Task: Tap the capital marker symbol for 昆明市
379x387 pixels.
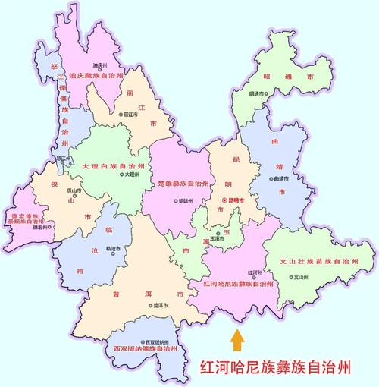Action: (x=224, y=200)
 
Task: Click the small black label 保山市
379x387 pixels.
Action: (x=73, y=191)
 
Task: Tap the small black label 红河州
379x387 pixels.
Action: (x=255, y=271)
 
